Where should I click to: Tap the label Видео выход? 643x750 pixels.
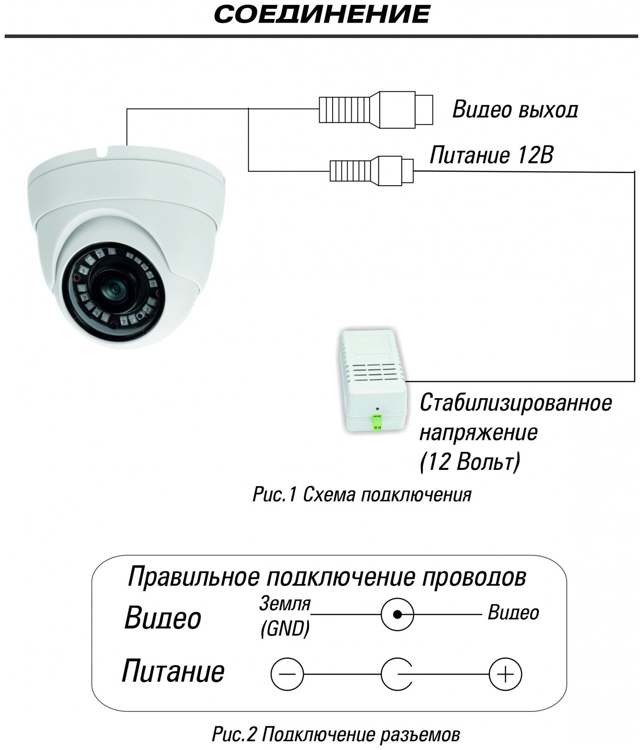[515, 110]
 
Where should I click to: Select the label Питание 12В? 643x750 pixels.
[491, 156]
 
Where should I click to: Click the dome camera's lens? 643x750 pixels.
[114, 289]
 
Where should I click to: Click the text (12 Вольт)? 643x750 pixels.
[470, 462]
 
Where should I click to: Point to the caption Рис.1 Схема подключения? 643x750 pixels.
[362, 495]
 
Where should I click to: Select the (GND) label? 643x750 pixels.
[285, 628]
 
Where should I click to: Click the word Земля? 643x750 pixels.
[285, 604]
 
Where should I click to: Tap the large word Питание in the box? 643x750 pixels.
[173, 671]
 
